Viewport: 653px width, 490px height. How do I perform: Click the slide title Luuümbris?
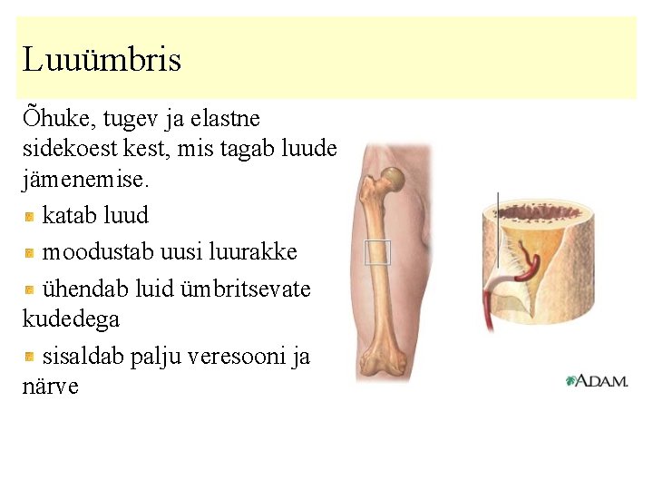pyautogui.click(x=102, y=60)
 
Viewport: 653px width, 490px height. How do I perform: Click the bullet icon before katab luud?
pyautogui.click(x=30, y=216)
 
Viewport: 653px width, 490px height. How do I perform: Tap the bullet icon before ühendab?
pyautogui.click(x=30, y=289)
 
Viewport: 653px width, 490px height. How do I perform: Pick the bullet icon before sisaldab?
pyautogui.click(x=30, y=357)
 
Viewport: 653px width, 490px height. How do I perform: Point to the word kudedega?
pyautogui.click(x=71, y=319)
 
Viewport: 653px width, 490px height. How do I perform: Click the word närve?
pyautogui.click(x=51, y=387)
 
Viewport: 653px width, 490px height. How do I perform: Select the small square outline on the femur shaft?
pyautogui.click(x=376, y=252)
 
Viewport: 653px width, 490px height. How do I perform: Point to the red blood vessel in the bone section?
pyautogui.click(x=530, y=269)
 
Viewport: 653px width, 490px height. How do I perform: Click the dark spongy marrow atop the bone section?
pyautogui.click(x=536, y=213)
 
